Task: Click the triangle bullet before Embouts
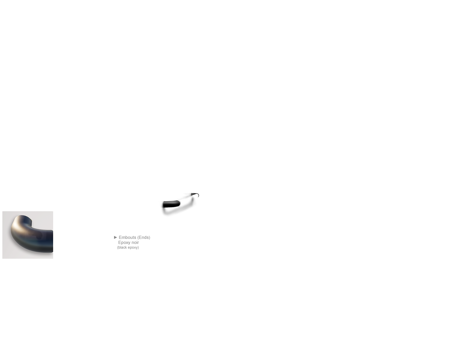(115, 237)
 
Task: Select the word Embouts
(128, 238)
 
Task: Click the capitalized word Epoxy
(124, 243)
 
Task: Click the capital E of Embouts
(120, 238)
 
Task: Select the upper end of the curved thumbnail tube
(27, 219)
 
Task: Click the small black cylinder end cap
(172, 204)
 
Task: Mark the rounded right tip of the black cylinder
(179, 204)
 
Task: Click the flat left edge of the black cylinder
(163, 205)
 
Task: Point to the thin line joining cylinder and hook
(185, 198)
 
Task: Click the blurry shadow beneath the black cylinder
(178, 208)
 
